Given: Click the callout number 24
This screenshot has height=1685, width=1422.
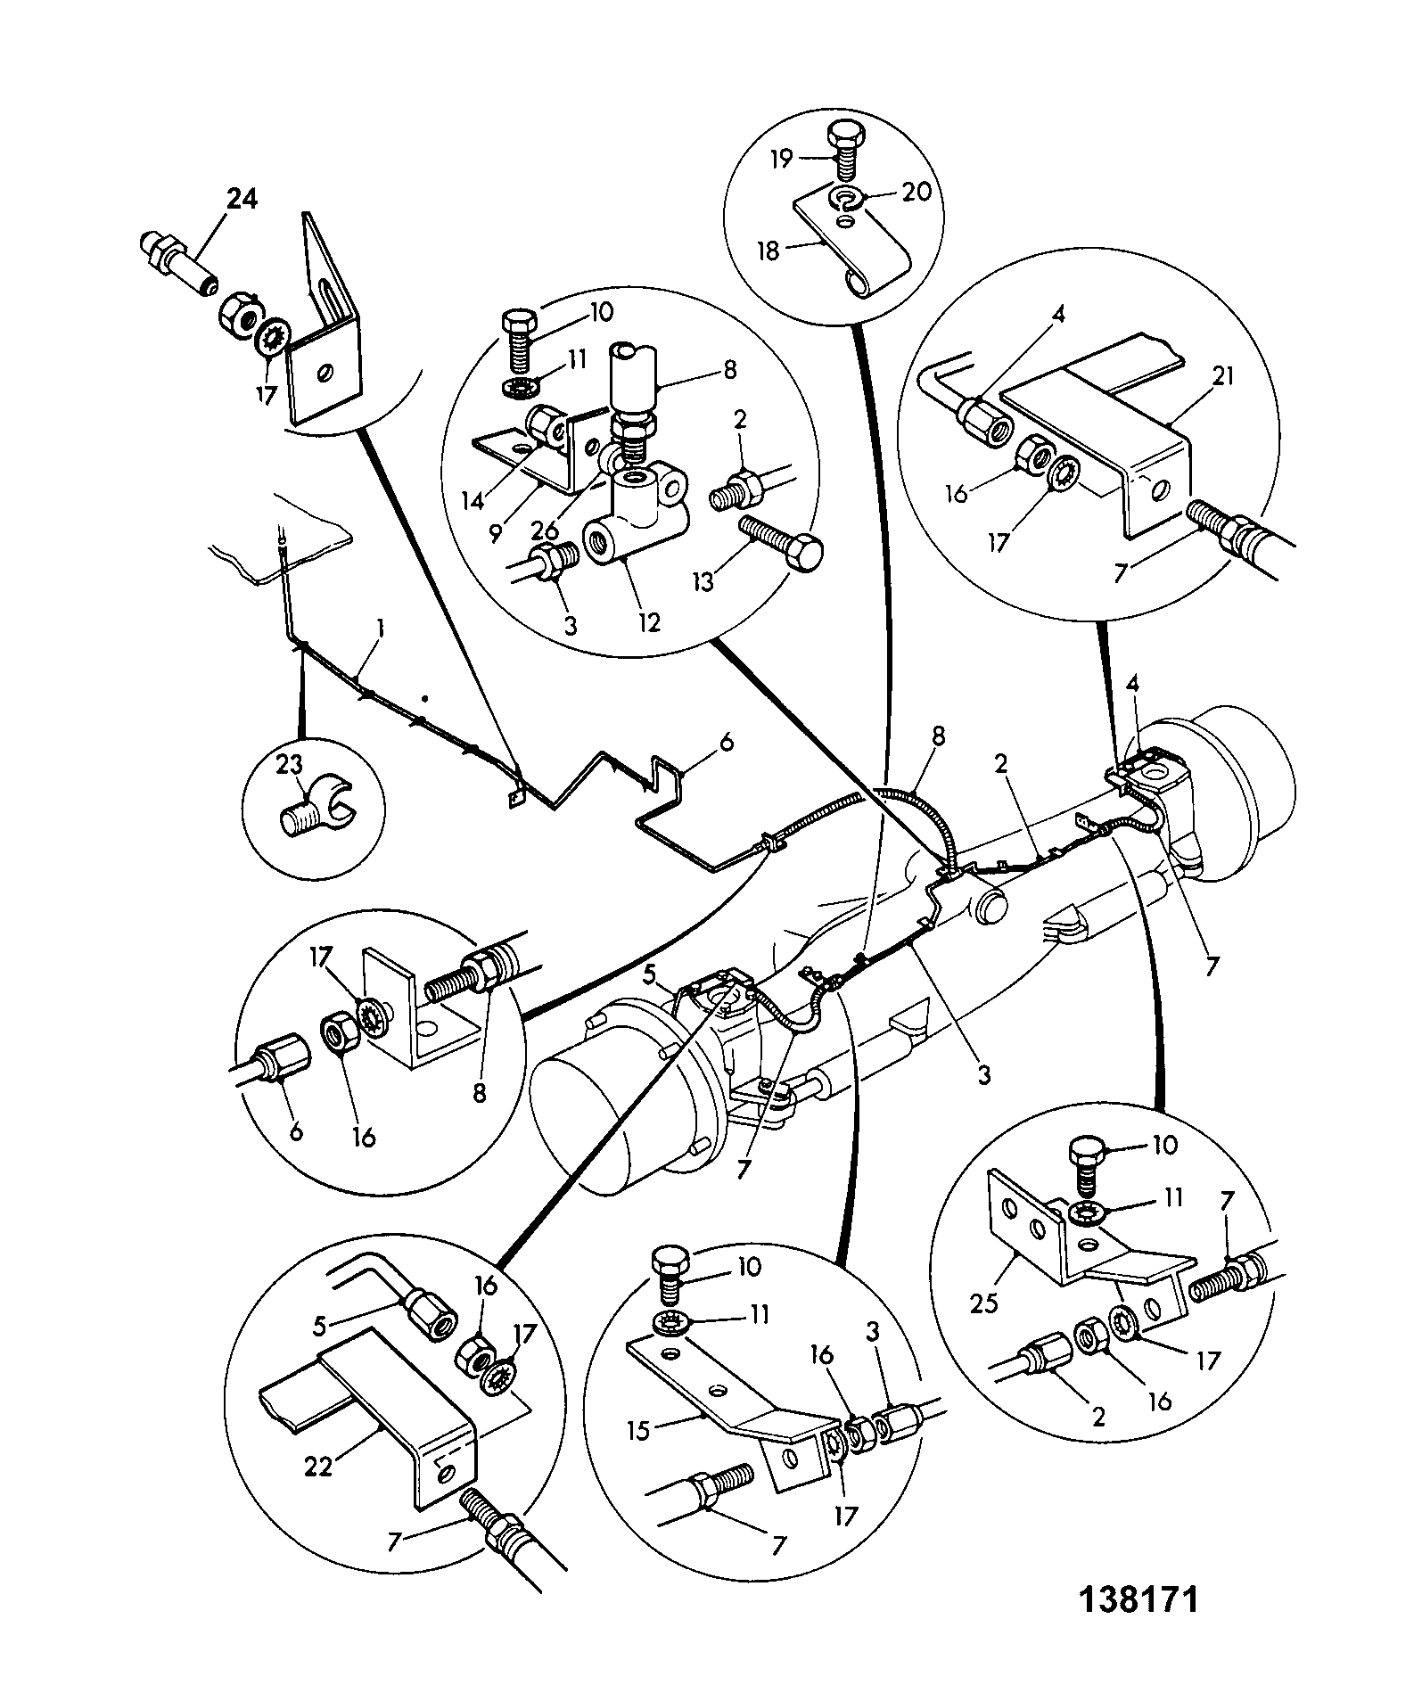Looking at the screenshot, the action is (x=242, y=200).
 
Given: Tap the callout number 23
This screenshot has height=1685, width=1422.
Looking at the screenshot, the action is (x=290, y=764).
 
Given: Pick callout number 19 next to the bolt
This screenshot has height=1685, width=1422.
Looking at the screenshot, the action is (x=782, y=160).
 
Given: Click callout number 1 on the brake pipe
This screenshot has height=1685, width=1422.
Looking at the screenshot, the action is (x=380, y=629).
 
